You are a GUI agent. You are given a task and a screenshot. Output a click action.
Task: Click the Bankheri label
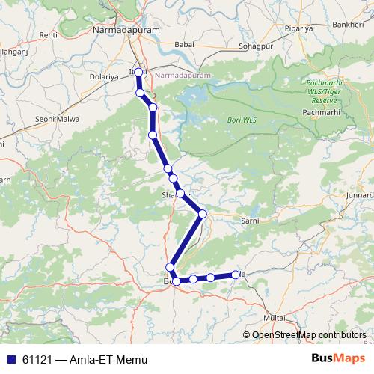coord(348,24)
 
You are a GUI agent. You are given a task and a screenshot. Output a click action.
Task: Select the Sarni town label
coord(248,221)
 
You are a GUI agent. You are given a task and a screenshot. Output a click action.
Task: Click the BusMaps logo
coord(340,360)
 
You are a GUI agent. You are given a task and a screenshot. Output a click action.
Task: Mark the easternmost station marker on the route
coord(236,275)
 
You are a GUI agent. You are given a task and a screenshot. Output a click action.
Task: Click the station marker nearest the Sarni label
coord(202,214)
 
